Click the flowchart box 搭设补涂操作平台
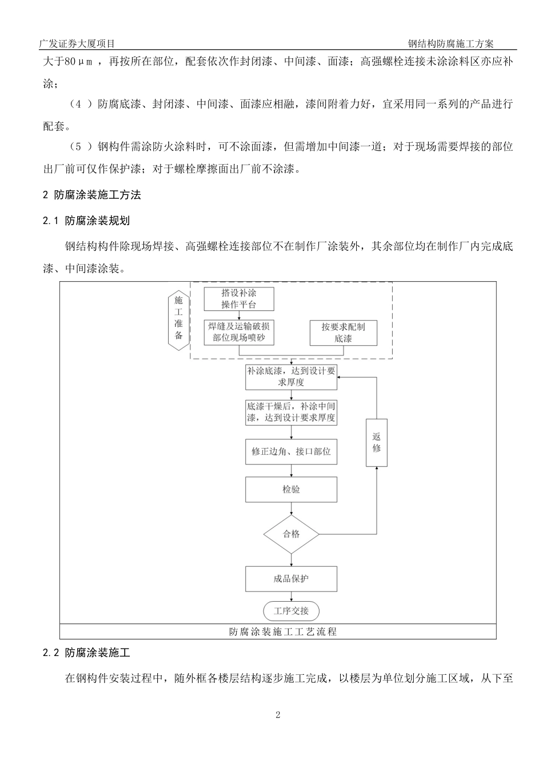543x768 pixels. [x=239, y=299]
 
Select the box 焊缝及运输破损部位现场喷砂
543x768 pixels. [x=239, y=332]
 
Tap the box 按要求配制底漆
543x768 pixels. [x=343, y=333]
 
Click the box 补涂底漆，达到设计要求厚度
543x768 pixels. [x=291, y=377]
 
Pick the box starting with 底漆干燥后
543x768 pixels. [x=291, y=412]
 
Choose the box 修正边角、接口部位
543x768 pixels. [x=291, y=451]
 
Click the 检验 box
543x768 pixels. [x=291, y=489]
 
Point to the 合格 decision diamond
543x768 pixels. [x=291, y=534]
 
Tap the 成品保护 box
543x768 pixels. [x=291, y=579]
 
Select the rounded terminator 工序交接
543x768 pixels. [x=291, y=611]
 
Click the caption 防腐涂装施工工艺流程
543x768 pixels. [x=283, y=632]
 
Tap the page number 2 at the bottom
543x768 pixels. [x=278, y=715]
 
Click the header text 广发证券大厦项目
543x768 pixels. [x=77, y=43]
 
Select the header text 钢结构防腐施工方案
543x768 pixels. [x=451, y=43]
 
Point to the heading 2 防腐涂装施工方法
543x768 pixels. [x=92, y=195]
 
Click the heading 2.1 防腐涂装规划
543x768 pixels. [x=86, y=221]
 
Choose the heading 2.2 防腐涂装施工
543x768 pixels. [x=86, y=653]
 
